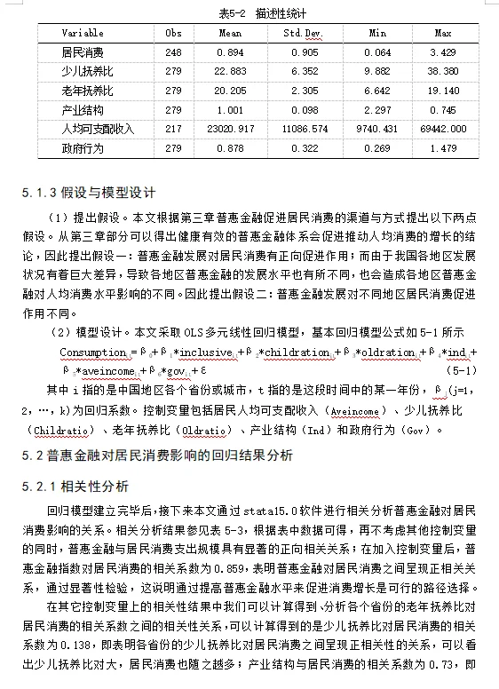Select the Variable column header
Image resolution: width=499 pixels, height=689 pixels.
[83, 33]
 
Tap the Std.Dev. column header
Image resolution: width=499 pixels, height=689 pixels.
[302, 33]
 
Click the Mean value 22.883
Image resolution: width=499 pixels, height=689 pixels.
[230, 72]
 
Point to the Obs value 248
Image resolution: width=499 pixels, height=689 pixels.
[173, 53]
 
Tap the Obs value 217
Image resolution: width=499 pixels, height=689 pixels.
[173, 129]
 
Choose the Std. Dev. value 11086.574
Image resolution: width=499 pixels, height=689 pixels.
[303, 129]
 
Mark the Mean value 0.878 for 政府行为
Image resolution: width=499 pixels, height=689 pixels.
[230, 147]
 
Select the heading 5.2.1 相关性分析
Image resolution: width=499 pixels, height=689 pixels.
[75, 487]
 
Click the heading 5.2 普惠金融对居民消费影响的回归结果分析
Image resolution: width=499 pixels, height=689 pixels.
[156, 455]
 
